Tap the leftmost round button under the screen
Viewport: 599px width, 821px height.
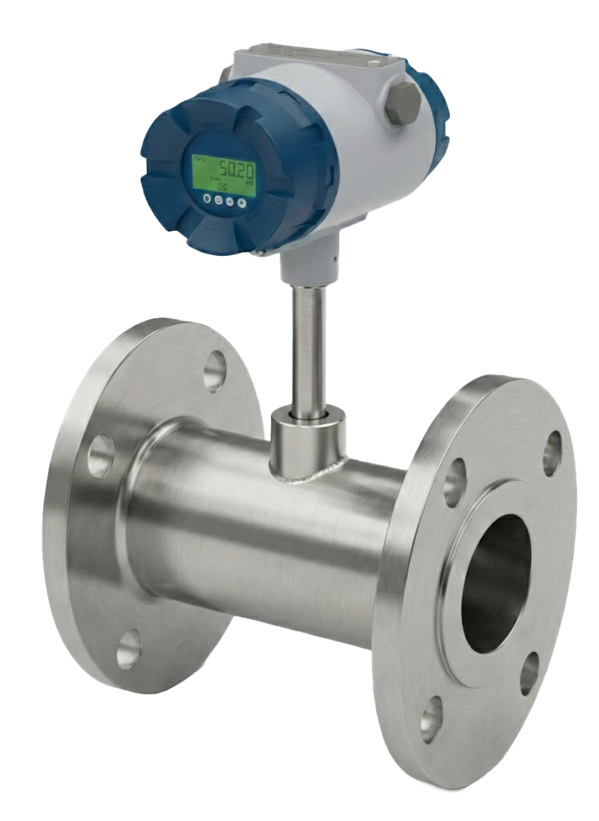pyautogui.click(x=207, y=196)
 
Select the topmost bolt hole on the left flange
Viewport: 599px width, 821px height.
pyautogui.click(x=214, y=371)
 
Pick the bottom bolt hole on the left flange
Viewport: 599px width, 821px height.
pyautogui.click(x=128, y=649)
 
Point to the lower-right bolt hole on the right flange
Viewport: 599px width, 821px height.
pyautogui.click(x=529, y=673)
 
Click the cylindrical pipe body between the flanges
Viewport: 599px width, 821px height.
pyautogui.click(x=265, y=529)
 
